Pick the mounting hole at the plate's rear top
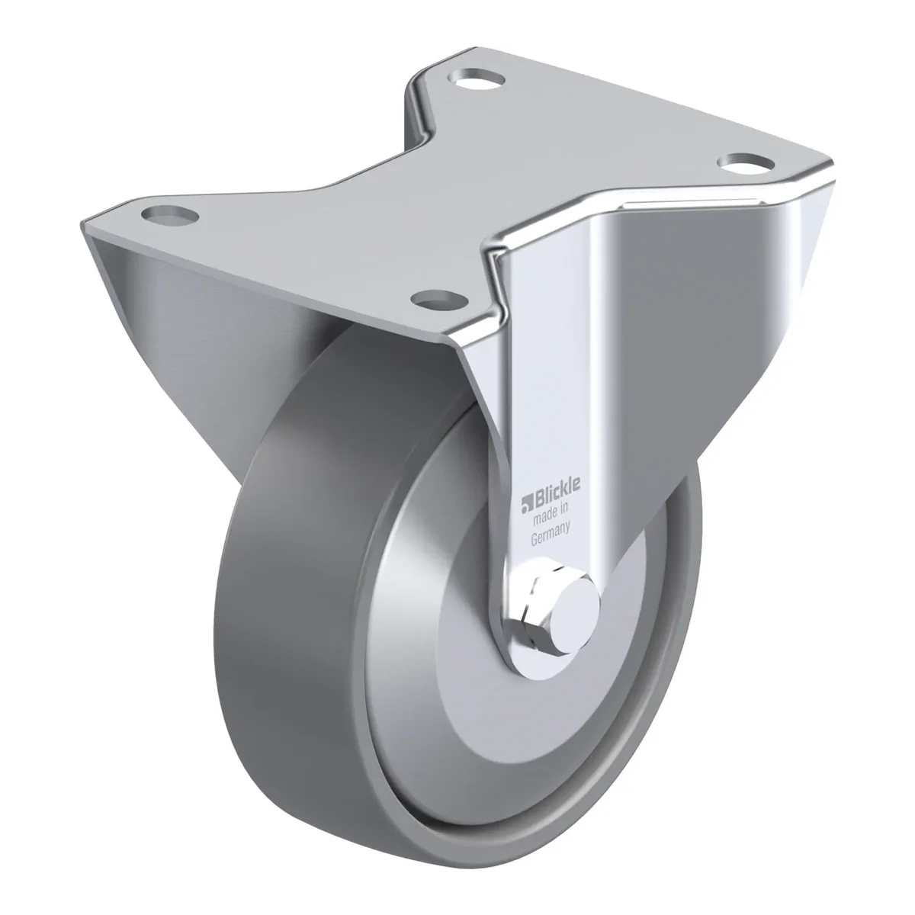point(477,77)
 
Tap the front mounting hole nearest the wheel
point(439,300)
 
